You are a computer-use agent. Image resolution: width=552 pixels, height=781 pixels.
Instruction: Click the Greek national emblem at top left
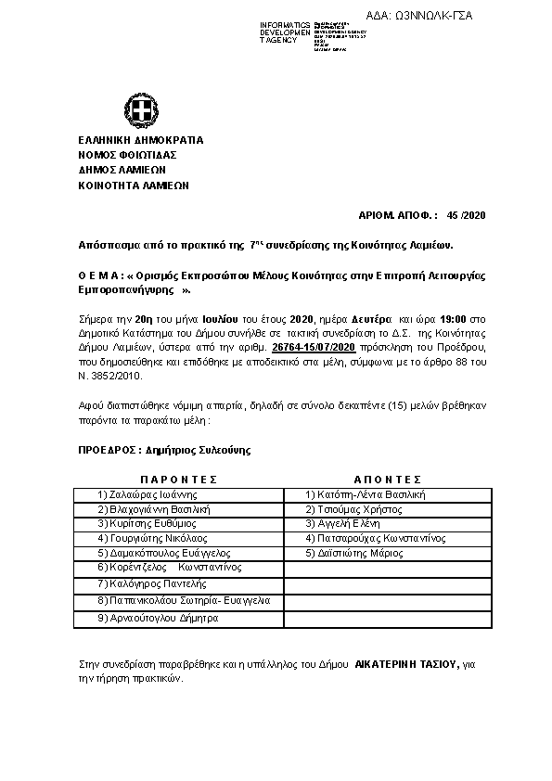pyautogui.click(x=144, y=114)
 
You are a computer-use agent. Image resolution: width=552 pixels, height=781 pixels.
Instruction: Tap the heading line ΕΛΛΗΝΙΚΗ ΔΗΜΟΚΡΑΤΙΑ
pyautogui.click(x=141, y=140)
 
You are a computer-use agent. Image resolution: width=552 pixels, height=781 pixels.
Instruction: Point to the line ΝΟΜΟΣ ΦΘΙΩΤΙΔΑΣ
pyautogui.click(x=127, y=155)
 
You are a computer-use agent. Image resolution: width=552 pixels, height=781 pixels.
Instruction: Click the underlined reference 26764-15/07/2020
pyautogui.click(x=315, y=346)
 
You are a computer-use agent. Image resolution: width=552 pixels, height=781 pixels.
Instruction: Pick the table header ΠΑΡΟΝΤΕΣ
pyautogui.click(x=178, y=480)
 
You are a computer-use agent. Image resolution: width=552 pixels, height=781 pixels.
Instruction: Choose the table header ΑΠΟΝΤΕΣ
pyautogui.click(x=388, y=480)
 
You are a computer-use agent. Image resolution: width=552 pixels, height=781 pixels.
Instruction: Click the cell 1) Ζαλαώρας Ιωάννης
pyautogui.click(x=149, y=494)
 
